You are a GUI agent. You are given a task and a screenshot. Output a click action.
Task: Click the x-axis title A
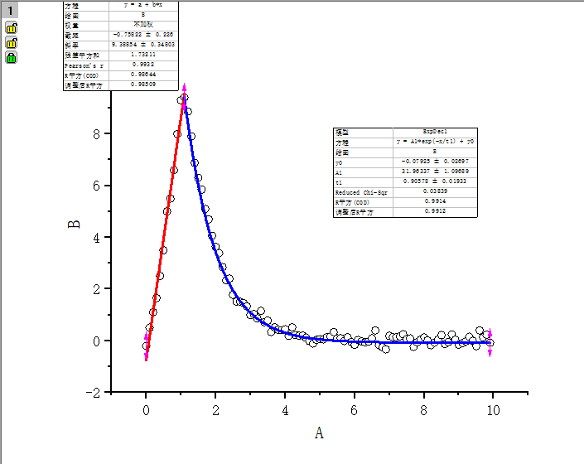coord(319,433)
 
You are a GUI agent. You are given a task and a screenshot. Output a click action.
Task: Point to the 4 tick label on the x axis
coord(285,408)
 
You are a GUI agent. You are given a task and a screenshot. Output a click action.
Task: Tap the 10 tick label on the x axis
coord(493,408)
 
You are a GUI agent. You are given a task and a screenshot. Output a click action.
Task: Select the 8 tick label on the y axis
coord(97,134)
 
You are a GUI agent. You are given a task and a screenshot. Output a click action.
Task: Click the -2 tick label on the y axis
coord(94,392)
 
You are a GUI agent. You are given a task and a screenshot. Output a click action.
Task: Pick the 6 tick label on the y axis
coord(97,186)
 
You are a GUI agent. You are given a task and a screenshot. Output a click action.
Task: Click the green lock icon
coord(12,58)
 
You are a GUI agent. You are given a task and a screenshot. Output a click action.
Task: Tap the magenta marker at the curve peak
coord(185,89)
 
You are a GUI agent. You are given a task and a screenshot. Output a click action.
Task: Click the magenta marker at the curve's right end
coord(490,341)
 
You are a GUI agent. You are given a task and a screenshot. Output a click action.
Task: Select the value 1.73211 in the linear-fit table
coord(142,55)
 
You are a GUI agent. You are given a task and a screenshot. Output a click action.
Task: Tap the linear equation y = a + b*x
coord(142,5)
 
